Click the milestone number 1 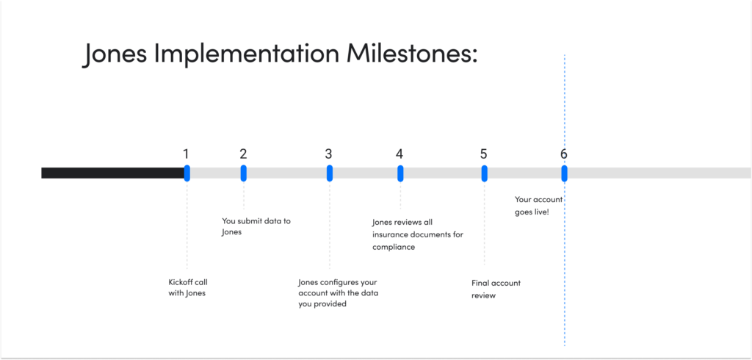tap(186, 154)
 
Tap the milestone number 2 tap(243, 154)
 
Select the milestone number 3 tap(329, 154)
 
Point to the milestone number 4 tap(399, 154)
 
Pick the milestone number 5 tap(483, 154)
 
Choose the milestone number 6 tap(563, 154)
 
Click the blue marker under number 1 tap(187, 173)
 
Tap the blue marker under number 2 tap(243, 173)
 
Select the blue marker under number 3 tap(330, 173)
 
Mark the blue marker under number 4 tap(400, 173)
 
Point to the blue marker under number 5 tap(484, 173)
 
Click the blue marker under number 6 tap(564, 173)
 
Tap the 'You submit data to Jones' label tap(256, 226)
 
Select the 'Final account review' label tap(496, 289)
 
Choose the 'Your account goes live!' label tap(538, 206)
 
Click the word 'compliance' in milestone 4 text tap(394, 248)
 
